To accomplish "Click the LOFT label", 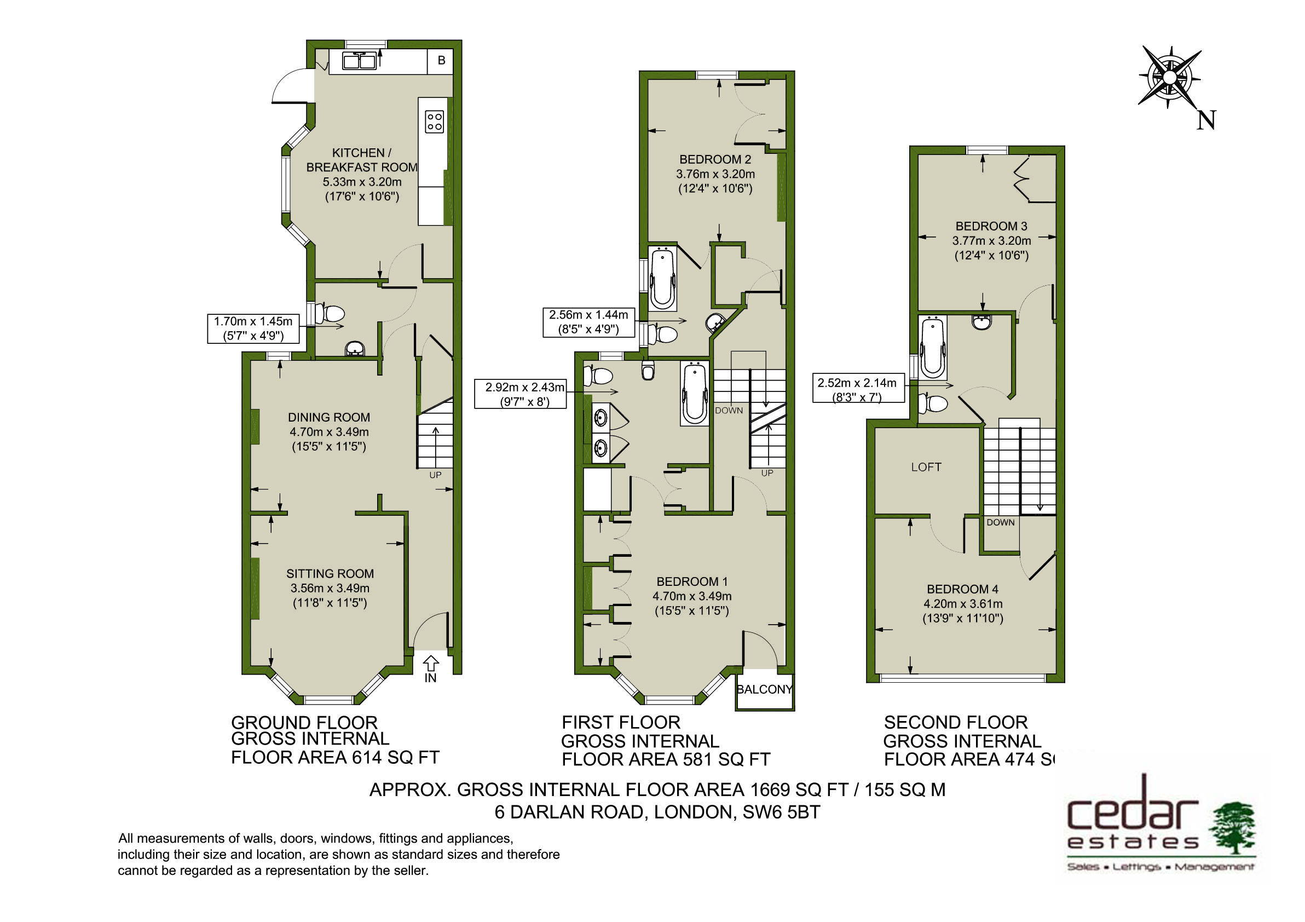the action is pos(926,466).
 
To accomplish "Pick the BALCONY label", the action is pos(765,689).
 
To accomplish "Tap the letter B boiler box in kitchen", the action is pos(442,60).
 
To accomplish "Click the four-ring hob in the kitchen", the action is pos(435,120).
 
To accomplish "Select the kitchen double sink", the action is pos(359,61).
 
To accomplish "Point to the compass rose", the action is pos(1169,77).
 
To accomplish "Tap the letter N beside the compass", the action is pos(1206,120).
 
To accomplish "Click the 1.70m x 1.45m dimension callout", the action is pos(253,329).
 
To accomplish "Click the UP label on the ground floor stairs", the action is pos(435,475).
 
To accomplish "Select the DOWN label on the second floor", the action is pos(1000,522).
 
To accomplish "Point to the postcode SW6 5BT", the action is pos(782,812).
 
